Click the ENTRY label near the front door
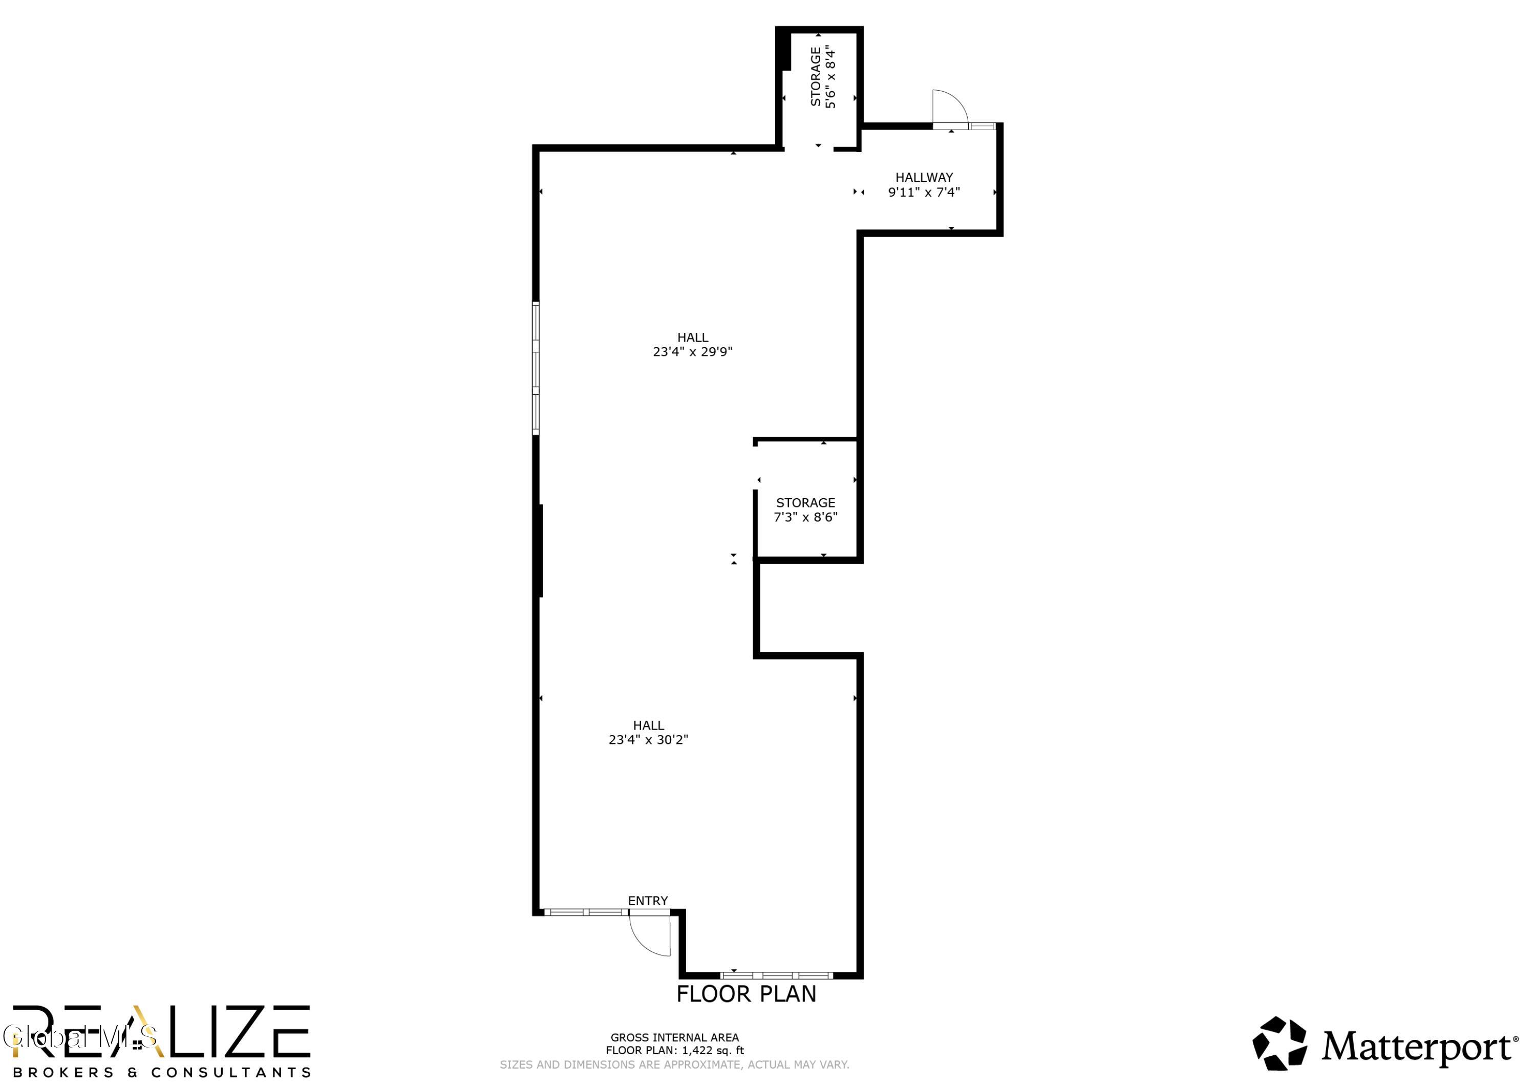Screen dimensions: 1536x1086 648,901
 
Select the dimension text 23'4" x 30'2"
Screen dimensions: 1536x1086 648,739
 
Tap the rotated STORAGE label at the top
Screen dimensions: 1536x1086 816,76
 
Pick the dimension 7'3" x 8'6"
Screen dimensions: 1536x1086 805,517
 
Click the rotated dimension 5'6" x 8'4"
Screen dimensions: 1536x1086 831,76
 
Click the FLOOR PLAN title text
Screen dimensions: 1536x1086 746,994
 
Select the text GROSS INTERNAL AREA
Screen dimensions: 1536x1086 674,1038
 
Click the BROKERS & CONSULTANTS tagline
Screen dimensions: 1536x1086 161,1073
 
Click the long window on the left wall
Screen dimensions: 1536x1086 536,368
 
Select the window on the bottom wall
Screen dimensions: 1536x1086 777,975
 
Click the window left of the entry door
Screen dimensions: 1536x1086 586,912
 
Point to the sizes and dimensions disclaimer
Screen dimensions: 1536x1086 674,1064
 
